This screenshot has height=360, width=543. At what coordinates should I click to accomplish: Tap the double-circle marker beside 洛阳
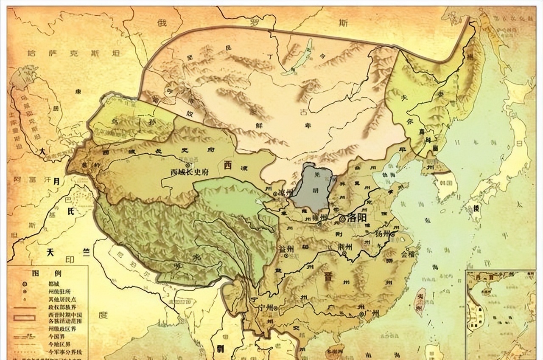[342, 219]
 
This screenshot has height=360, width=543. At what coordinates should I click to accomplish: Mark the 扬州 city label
[383, 234]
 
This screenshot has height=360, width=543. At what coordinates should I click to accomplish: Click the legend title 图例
[42, 273]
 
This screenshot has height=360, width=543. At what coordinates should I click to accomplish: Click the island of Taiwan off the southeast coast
[419, 302]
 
